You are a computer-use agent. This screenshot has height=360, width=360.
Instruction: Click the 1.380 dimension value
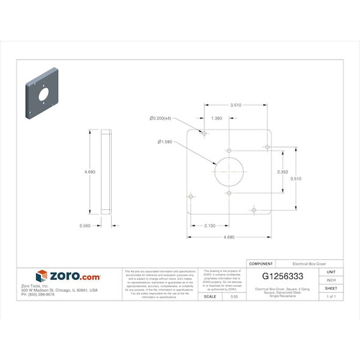pyautogui.click(x=216, y=118)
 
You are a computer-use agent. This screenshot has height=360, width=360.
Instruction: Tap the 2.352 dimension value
pyautogui.click(x=283, y=171)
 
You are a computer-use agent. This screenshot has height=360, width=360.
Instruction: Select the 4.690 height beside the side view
pyautogui.click(x=89, y=172)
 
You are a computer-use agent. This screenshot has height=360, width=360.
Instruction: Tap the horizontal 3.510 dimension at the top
pyautogui.click(x=236, y=105)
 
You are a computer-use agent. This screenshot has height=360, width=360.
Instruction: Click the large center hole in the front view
pyautogui.click(x=229, y=171)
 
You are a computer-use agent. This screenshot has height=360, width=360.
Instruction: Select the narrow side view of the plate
pyautogui.click(x=106, y=171)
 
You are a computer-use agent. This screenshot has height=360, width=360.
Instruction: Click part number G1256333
pyautogui.click(x=283, y=276)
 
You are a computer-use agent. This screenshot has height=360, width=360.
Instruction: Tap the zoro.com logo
pyautogui.click(x=68, y=276)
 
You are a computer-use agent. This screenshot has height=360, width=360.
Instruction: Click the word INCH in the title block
pyautogui.click(x=331, y=279)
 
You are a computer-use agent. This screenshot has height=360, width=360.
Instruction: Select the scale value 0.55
pyautogui.click(x=234, y=296)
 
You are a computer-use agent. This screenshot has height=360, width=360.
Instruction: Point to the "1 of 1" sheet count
pyautogui.click(x=331, y=296)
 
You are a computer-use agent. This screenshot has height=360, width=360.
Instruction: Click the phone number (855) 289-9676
pyautogui.click(x=38, y=294)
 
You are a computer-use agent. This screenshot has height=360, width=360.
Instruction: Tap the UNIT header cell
pyautogui.click(x=331, y=272)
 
